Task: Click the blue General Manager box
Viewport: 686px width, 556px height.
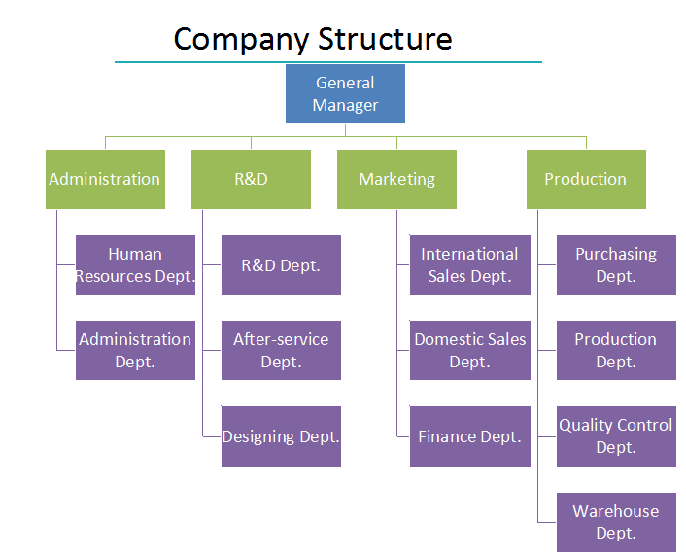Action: [x=345, y=94]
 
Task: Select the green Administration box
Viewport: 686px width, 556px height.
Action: [x=105, y=179]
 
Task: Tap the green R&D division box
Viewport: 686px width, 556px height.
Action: [x=251, y=179]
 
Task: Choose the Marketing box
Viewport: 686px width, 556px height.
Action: [x=396, y=179]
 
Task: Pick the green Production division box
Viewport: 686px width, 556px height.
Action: [x=586, y=179]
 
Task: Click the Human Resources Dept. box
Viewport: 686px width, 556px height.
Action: [x=135, y=264]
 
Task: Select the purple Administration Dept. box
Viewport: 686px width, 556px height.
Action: [x=135, y=350]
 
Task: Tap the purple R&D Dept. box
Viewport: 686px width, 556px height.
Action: [x=281, y=264]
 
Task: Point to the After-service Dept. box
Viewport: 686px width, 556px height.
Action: [x=281, y=350]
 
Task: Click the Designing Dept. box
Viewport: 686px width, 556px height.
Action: [x=281, y=436]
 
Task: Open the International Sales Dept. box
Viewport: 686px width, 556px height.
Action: [x=469, y=264]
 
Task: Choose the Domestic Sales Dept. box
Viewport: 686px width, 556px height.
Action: [x=469, y=350]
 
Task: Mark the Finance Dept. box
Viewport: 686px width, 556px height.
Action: [x=469, y=436]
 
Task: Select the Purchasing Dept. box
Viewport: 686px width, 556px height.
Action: [x=616, y=264]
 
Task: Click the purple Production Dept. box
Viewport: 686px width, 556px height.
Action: [x=616, y=350]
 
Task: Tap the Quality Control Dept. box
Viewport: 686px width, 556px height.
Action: [x=616, y=436]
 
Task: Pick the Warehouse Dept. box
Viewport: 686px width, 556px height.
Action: [x=616, y=522]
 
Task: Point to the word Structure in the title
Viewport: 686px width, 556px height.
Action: [x=385, y=40]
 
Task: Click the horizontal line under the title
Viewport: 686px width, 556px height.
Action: [x=327, y=62]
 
